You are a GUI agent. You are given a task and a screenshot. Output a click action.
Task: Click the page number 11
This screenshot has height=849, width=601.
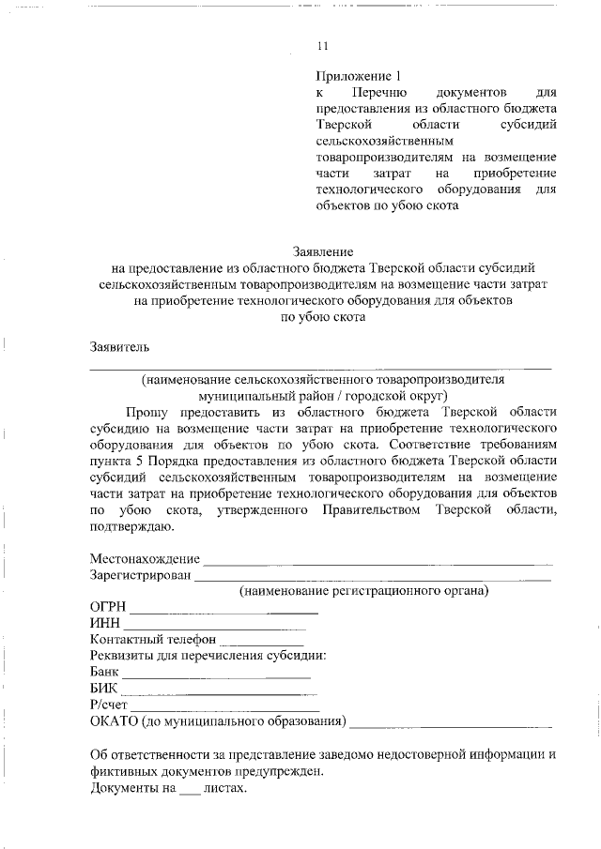click(x=324, y=45)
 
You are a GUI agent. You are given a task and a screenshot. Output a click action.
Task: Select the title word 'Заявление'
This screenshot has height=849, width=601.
click(x=323, y=251)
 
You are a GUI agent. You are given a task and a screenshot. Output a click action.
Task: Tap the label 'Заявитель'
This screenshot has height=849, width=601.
click(x=119, y=346)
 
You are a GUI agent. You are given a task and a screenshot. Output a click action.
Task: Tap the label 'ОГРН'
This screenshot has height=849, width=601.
click(x=109, y=608)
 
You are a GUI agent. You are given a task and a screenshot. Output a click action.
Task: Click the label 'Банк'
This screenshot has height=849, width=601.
click(x=104, y=673)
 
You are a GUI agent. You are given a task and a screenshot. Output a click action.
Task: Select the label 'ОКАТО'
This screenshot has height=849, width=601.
click(x=113, y=721)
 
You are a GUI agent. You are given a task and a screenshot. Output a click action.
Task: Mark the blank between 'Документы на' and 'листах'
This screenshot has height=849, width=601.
click(x=190, y=792)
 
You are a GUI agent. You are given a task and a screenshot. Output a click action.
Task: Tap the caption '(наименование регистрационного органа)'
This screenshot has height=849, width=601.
click(x=363, y=592)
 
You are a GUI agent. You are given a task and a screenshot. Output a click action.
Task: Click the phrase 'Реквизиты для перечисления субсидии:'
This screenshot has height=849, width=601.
click(x=208, y=656)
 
